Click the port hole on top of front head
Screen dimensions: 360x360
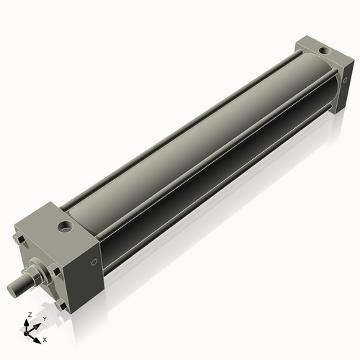67,229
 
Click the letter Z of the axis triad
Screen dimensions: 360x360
29,315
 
